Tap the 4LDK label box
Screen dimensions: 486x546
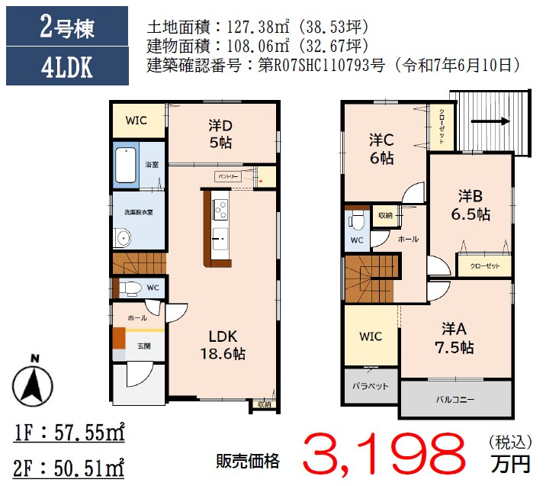(x=67, y=67)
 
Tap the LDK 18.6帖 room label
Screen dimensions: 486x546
(x=223, y=345)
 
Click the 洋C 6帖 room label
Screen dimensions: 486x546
(x=381, y=149)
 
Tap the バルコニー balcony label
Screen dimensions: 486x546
(x=455, y=398)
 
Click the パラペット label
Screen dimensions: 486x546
(x=370, y=386)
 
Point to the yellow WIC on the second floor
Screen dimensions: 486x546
(x=370, y=336)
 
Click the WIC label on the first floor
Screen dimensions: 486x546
(x=136, y=121)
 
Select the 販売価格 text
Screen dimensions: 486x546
(x=247, y=460)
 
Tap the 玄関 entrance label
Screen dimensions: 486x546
(x=143, y=346)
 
